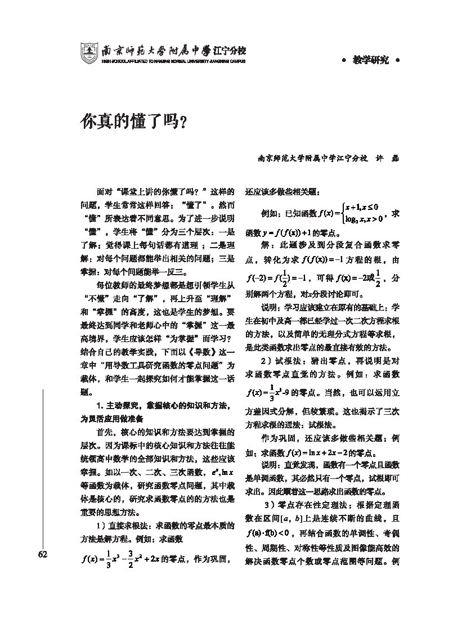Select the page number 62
coord(42,554)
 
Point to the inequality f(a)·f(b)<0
coord(267,533)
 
